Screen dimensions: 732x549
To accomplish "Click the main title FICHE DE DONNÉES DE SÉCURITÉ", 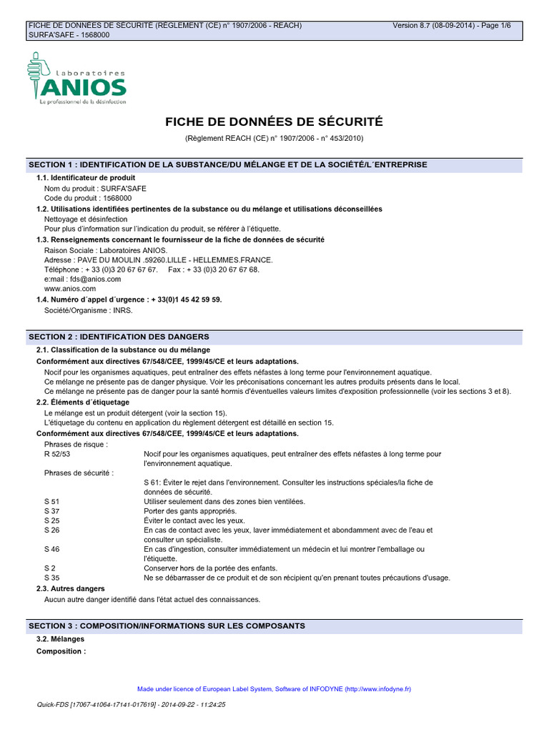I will (x=274, y=122).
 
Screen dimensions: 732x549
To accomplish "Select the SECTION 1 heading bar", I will (x=227, y=164).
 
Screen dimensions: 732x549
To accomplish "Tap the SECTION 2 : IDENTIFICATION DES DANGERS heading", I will (x=118, y=336).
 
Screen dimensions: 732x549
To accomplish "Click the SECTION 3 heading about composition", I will (x=167, y=625).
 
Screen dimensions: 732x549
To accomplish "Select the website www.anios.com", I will (x=69, y=289).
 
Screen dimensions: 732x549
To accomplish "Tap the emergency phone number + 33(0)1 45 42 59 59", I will (x=186, y=300).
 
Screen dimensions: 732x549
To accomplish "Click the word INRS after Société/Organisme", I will (x=122, y=310).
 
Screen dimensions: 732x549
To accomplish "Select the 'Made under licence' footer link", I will (x=274, y=689).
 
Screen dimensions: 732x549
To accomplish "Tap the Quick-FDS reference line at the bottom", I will (x=131, y=704).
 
